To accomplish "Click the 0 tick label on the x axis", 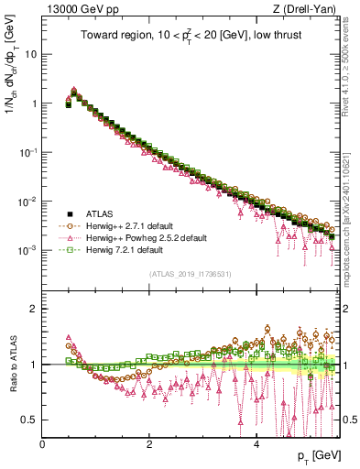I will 43,442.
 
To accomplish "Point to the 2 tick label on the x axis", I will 150,442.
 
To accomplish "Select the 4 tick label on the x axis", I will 257,442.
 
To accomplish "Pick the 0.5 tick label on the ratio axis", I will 29,420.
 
